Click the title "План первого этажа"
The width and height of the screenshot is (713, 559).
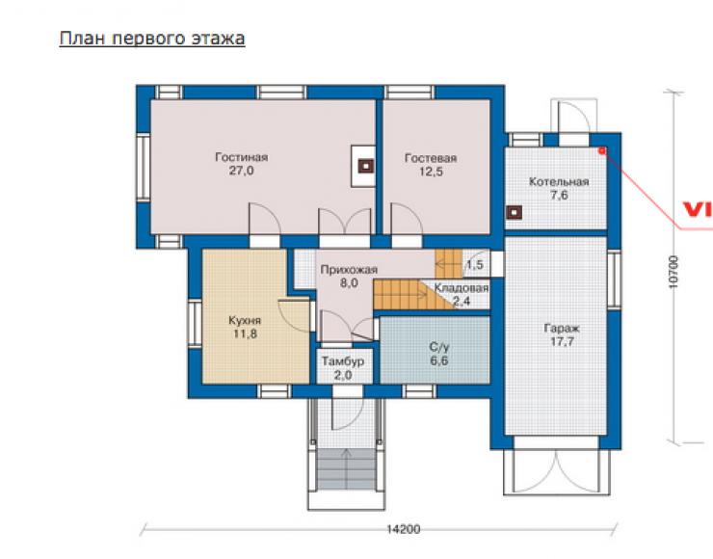click(152, 39)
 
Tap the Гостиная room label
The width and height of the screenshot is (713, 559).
click(242, 157)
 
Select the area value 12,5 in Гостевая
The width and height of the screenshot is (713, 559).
click(431, 172)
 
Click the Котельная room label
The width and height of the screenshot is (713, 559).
click(559, 182)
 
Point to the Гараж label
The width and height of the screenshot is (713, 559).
click(562, 329)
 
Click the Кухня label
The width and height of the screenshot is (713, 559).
click(245, 321)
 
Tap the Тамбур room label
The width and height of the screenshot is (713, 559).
click(343, 361)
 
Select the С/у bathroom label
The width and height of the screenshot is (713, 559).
click(438, 348)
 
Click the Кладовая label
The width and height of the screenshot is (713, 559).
click(462, 288)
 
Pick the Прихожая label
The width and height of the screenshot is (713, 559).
click(349, 270)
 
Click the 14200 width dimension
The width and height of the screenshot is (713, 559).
click(404, 529)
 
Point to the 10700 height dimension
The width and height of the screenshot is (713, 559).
click(673, 272)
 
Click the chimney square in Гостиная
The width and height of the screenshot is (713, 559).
click(365, 166)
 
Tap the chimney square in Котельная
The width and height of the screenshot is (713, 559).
click(514, 212)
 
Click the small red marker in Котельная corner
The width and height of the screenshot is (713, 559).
click(602, 150)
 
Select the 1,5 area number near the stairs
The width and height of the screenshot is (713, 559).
click(475, 264)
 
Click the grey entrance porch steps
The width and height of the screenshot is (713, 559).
click(347, 468)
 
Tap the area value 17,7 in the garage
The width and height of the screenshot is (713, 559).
click(562, 341)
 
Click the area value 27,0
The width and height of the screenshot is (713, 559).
click(242, 171)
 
